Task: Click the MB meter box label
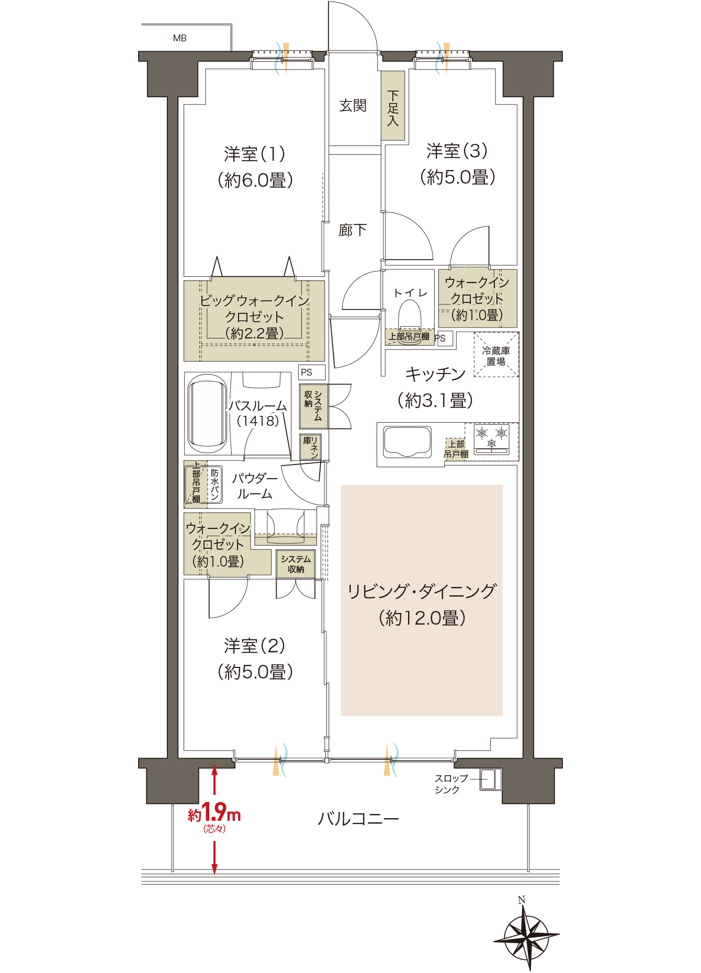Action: pyautogui.click(x=179, y=38)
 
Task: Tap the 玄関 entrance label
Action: pyautogui.click(x=353, y=106)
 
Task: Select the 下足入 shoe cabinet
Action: pyautogui.click(x=393, y=107)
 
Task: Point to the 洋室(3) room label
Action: pyautogui.click(x=457, y=151)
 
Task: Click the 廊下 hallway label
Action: pyautogui.click(x=353, y=230)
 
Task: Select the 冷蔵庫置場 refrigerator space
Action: pyautogui.click(x=496, y=355)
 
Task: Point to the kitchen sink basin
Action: pyautogui.click(x=408, y=442)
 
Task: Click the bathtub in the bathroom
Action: pyautogui.click(x=208, y=413)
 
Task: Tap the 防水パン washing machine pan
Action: pyautogui.click(x=215, y=484)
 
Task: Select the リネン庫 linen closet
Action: pyautogui.click(x=310, y=447)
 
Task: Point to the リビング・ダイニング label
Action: pyautogui.click(x=422, y=592)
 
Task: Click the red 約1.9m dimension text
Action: pyautogui.click(x=214, y=814)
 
